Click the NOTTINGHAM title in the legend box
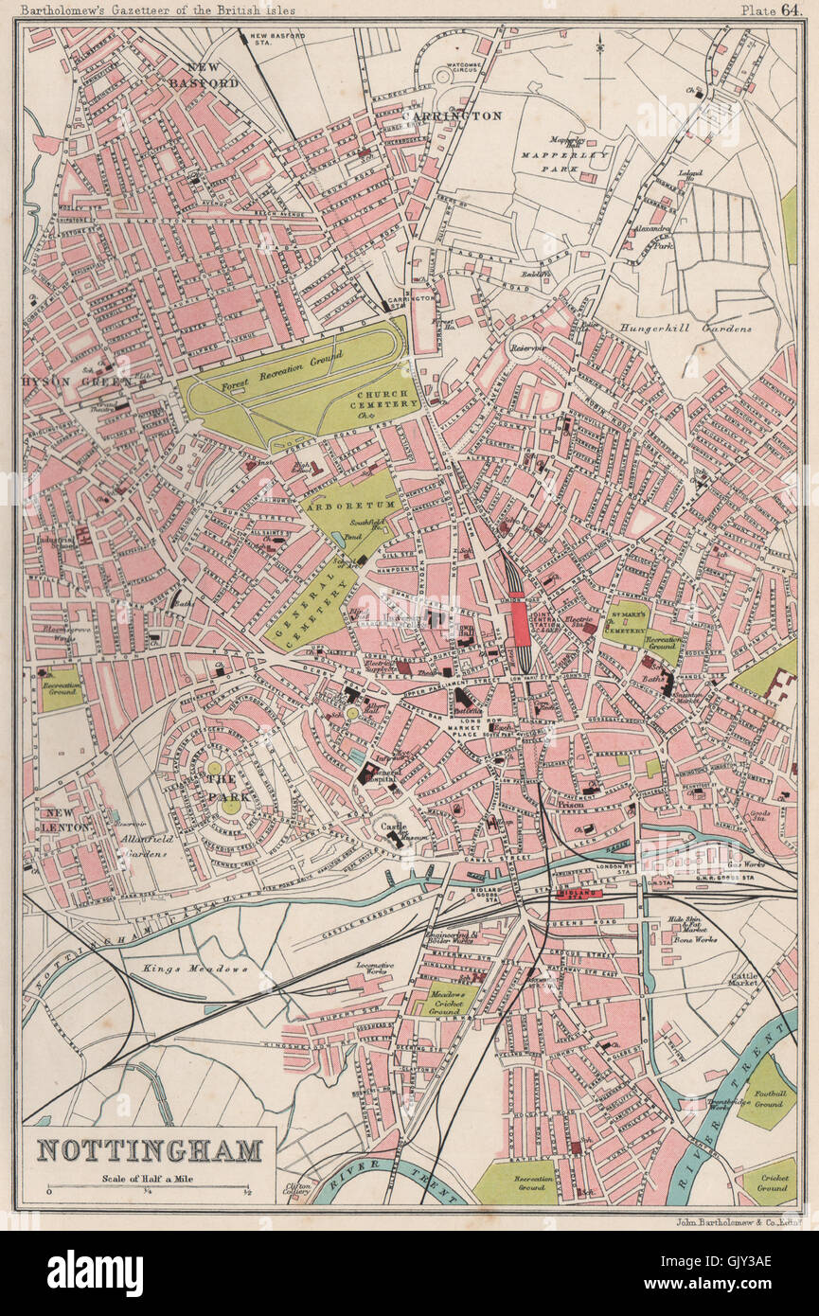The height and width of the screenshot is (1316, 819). pos(150,1150)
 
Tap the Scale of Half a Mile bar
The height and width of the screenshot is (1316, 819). pos(149,1186)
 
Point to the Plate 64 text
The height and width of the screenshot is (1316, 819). pos(770,9)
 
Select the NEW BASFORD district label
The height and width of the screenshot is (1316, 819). pos(211,75)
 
